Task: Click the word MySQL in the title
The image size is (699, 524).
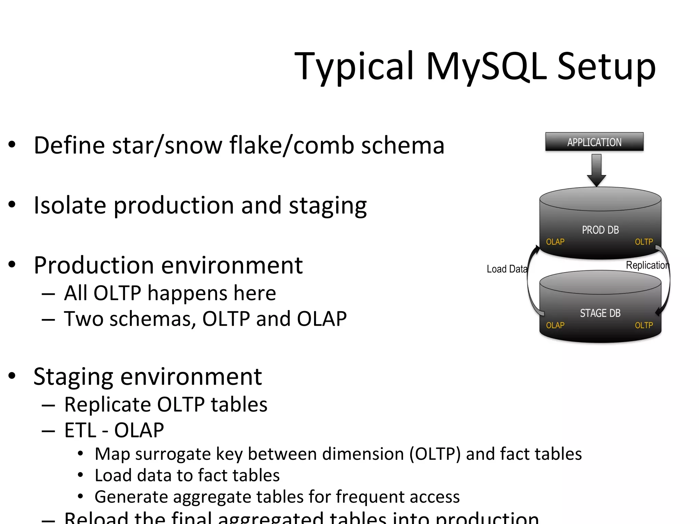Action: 486,66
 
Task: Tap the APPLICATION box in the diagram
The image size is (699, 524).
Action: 594,142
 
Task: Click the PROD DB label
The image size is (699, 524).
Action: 600,230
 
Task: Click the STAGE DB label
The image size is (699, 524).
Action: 600,313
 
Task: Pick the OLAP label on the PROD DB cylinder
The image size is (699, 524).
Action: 555,242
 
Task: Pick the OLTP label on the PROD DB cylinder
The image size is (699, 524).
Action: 644,242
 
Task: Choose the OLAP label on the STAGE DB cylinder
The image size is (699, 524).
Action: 555,325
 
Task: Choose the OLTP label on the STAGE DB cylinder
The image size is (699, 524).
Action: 644,325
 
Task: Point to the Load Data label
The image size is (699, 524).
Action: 507,269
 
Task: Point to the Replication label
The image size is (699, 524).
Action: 647,265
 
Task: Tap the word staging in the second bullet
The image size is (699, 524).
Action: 328,206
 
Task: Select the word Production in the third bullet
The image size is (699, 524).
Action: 94,265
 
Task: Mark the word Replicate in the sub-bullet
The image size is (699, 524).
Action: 107,405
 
